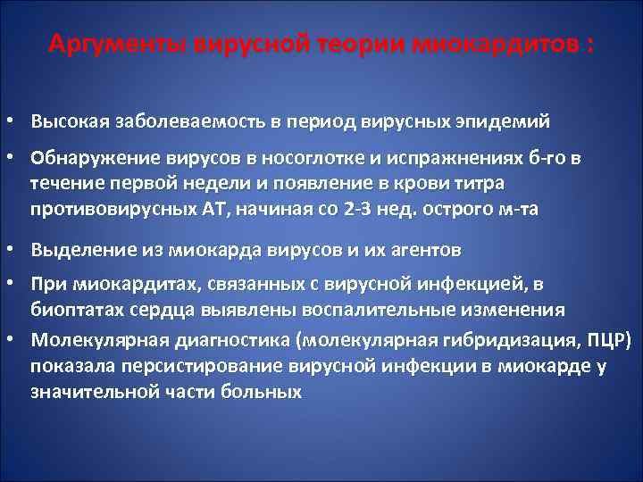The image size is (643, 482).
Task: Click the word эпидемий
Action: coord(507,120)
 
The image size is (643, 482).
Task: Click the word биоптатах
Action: coord(77,310)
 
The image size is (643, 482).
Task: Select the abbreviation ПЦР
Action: coord(609,340)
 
